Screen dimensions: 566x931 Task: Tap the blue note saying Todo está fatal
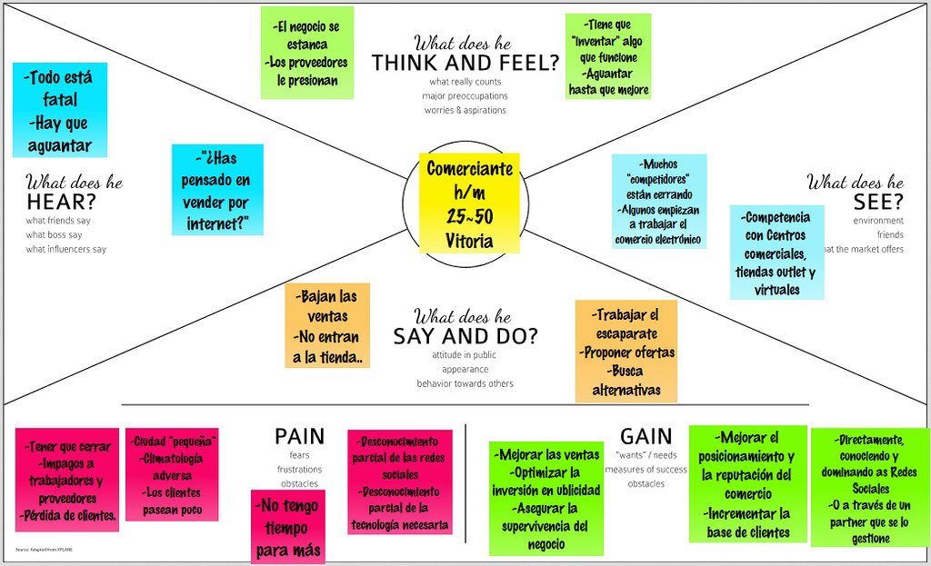point(59,110)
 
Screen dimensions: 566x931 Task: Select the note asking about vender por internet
point(217,189)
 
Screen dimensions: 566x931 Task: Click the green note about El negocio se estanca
point(306,53)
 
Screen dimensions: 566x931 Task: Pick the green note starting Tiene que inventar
point(607,56)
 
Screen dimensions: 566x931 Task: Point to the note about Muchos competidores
point(659,202)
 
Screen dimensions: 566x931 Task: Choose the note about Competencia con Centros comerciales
point(776,253)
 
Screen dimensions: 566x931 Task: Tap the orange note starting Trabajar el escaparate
point(626,352)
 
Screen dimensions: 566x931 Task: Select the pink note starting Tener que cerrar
point(67,480)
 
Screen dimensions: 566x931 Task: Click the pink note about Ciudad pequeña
point(172,474)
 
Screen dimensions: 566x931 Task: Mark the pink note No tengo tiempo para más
point(288,527)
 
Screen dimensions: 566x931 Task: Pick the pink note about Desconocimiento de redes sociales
point(400,481)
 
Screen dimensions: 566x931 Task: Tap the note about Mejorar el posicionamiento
point(747,483)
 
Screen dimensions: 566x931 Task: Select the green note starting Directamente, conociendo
point(870,487)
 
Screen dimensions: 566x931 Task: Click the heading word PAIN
point(299,437)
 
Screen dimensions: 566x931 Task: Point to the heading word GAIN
point(646,436)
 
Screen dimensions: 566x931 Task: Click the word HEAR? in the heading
point(62,201)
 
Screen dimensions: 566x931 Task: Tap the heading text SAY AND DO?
point(465,336)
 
